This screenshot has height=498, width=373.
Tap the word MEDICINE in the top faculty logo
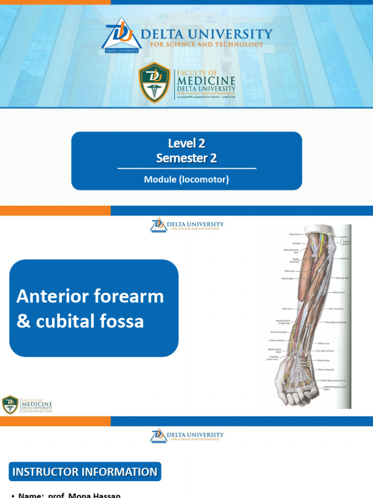[x=206, y=81]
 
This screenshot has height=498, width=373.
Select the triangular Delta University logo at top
[x=121, y=36]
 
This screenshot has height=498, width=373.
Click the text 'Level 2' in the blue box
[x=186, y=143]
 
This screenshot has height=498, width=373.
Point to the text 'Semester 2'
[x=186, y=158]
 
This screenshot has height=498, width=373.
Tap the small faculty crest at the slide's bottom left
[x=10, y=405]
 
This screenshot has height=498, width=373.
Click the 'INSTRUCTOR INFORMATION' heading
[x=85, y=472]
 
